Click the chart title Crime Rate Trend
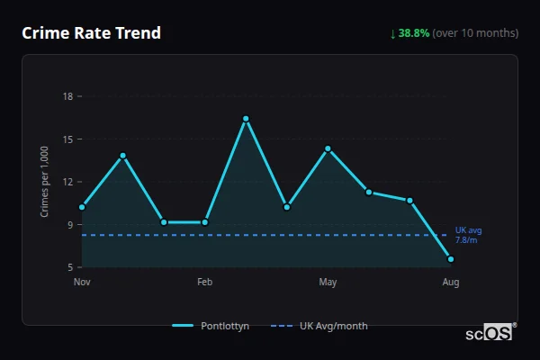pyautogui.click(x=92, y=33)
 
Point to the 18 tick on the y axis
pyautogui.click(x=67, y=96)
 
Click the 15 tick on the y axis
pyautogui.click(x=67, y=139)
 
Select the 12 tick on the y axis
pyautogui.click(x=67, y=182)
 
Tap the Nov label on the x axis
pyautogui.click(x=82, y=283)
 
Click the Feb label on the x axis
pyautogui.click(x=204, y=283)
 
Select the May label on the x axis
pyautogui.click(x=328, y=283)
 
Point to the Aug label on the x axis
pyautogui.click(x=451, y=283)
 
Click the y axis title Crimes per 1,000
pyautogui.click(x=45, y=182)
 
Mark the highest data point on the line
pyautogui.click(x=246, y=119)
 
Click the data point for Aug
pyautogui.click(x=451, y=259)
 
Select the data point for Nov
pyautogui.click(x=82, y=207)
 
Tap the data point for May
pyautogui.click(x=328, y=148)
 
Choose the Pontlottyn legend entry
pyautogui.click(x=212, y=326)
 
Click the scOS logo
pyautogui.click(x=490, y=333)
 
